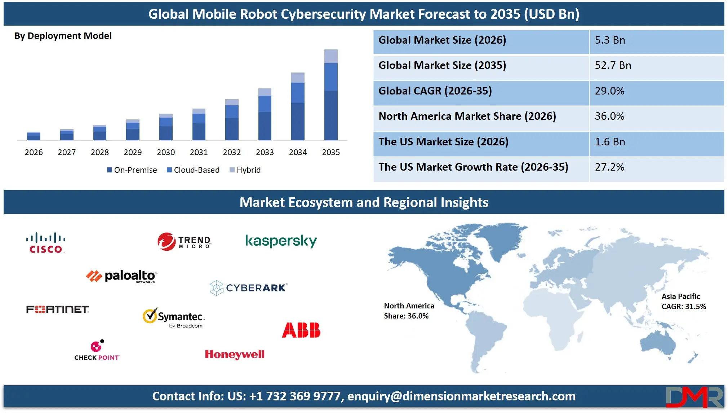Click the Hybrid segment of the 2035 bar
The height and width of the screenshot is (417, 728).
pos(331,56)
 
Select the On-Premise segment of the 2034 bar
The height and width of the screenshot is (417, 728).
pos(298,122)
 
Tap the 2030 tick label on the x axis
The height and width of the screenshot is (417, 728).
pos(166,152)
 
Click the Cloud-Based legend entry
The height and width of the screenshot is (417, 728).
pos(193,170)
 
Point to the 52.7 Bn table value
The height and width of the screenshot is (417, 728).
pos(613,66)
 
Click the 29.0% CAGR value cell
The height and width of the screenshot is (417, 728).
pos(609,91)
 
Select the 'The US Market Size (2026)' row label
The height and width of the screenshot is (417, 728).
pos(443,142)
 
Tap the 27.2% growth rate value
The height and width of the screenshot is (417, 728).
pos(609,167)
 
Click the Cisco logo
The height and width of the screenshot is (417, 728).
pos(46,243)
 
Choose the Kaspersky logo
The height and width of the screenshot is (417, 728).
pos(281,241)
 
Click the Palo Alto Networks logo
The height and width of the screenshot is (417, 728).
pos(121,276)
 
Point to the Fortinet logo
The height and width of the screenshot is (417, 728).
pos(58,310)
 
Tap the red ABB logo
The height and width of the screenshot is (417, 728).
pos(301,330)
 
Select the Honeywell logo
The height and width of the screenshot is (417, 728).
pos(235,355)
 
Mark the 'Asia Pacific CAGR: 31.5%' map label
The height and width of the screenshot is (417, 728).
pos(683,302)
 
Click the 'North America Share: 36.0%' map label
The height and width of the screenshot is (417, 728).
pos(409,311)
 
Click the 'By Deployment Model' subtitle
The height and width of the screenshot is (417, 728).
pos(63,36)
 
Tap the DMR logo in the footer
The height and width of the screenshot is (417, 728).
pos(694,397)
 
